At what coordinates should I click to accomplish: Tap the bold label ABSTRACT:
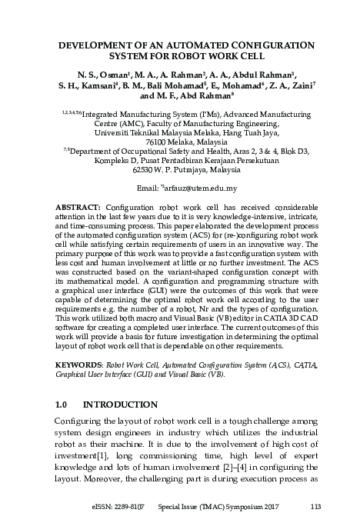point(79,208)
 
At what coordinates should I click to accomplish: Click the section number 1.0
point(63,404)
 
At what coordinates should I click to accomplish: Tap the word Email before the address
point(148,188)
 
